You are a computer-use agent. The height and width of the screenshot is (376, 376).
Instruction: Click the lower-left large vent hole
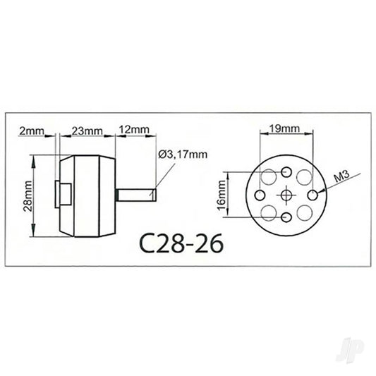269,212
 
